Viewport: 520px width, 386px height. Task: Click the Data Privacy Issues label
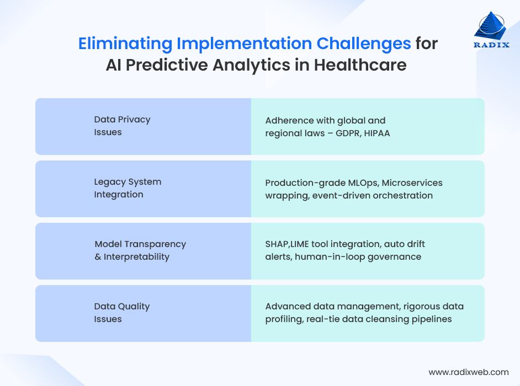[122, 126]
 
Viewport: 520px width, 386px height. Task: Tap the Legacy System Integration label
[128, 188]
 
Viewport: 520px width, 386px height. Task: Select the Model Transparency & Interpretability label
[140, 250]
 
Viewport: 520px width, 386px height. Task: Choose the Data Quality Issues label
[122, 313]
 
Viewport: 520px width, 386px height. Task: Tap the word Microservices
[412, 183]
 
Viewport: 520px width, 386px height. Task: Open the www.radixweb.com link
[468, 372]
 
